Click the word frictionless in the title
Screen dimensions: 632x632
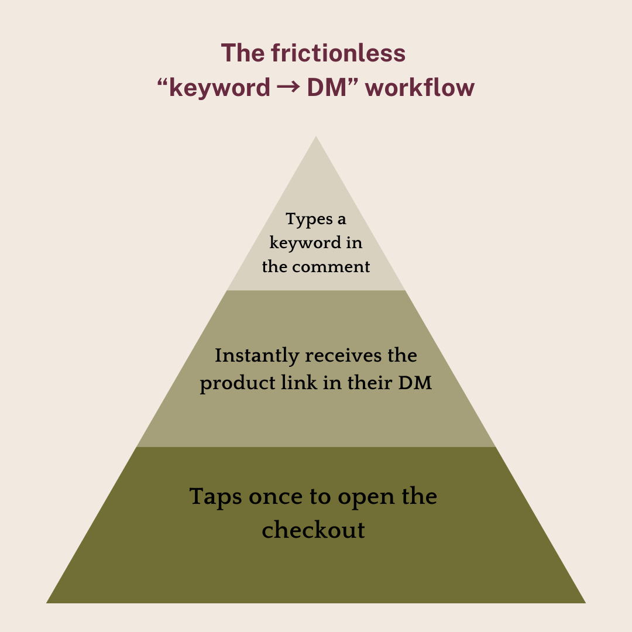[x=338, y=53]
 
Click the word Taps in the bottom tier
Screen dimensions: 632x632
[x=215, y=497]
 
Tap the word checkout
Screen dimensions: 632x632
[x=313, y=530]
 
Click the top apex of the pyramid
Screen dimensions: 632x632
[x=316, y=138]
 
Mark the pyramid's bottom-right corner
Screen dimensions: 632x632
[x=584, y=602]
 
